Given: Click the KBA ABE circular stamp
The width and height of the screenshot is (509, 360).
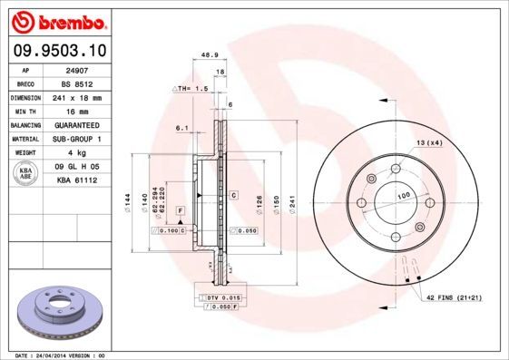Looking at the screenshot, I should point(26,174).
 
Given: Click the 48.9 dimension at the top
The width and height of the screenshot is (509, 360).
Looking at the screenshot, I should point(208,54).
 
